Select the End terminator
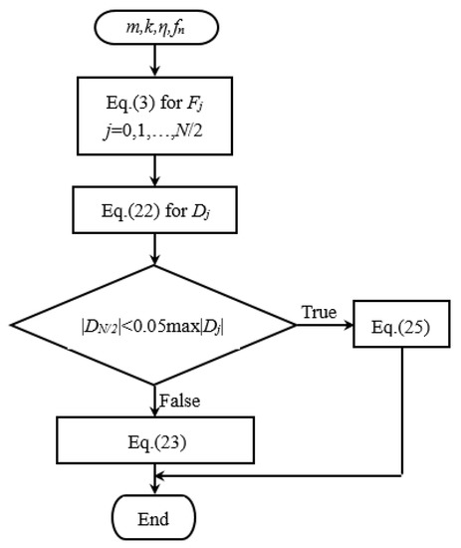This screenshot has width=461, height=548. pos(153,518)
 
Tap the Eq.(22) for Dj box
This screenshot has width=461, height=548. pos(153,211)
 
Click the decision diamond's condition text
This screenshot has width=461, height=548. pos(153,325)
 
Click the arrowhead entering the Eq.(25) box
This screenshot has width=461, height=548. pos(347,326)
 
